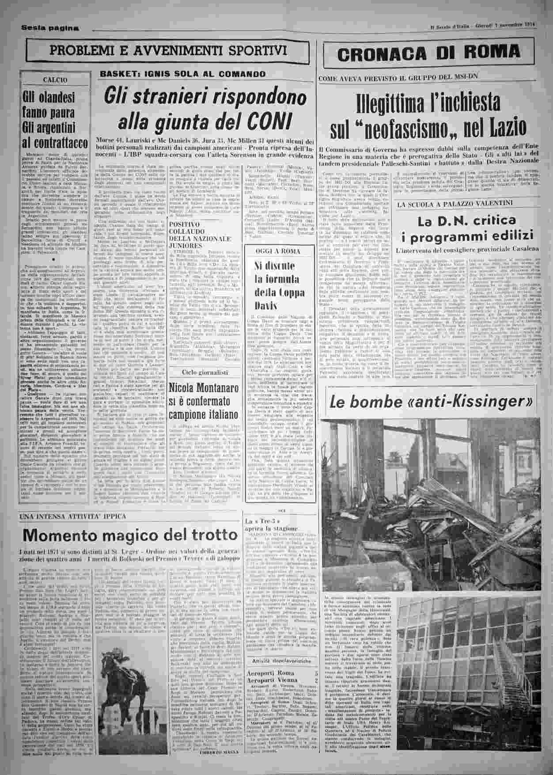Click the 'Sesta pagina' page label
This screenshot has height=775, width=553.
(50, 28)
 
